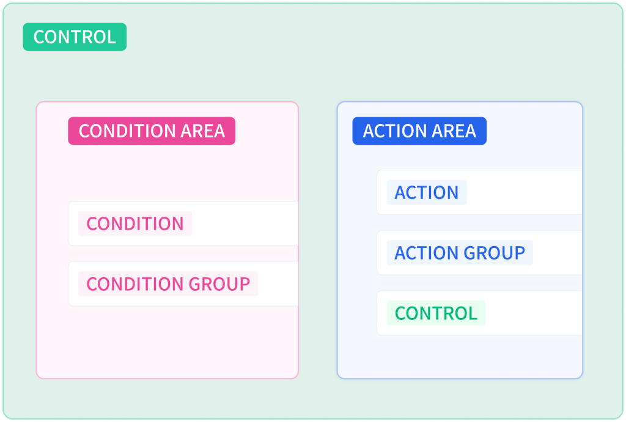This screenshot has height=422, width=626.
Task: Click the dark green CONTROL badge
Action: click(75, 37)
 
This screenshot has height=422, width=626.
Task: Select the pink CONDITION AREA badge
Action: click(152, 131)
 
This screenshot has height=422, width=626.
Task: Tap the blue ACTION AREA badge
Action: click(419, 131)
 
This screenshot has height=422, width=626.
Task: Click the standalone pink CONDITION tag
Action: click(135, 224)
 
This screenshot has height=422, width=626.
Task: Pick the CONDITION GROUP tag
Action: click(168, 283)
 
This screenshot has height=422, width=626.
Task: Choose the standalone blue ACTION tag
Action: click(427, 192)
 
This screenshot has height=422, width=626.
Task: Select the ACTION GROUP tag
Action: click(460, 252)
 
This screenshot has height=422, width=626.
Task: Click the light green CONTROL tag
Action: click(436, 313)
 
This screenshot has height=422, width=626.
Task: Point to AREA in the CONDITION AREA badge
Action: click(203, 131)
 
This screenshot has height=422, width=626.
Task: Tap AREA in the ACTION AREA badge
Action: click(454, 131)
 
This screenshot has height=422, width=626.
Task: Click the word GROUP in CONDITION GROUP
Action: click(219, 283)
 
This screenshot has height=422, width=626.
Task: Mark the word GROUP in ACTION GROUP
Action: click(494, 252)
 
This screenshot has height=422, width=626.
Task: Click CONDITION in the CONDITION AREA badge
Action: click(127, 131)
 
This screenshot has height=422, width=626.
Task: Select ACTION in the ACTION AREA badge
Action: click(394, 131)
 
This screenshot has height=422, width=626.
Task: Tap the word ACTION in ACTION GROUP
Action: click(426, 252)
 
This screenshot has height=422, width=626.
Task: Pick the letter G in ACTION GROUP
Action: click(469, 252)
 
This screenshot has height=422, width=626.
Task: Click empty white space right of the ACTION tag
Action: click(524, 192)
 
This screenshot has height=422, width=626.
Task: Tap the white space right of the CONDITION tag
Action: click(245, 224)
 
